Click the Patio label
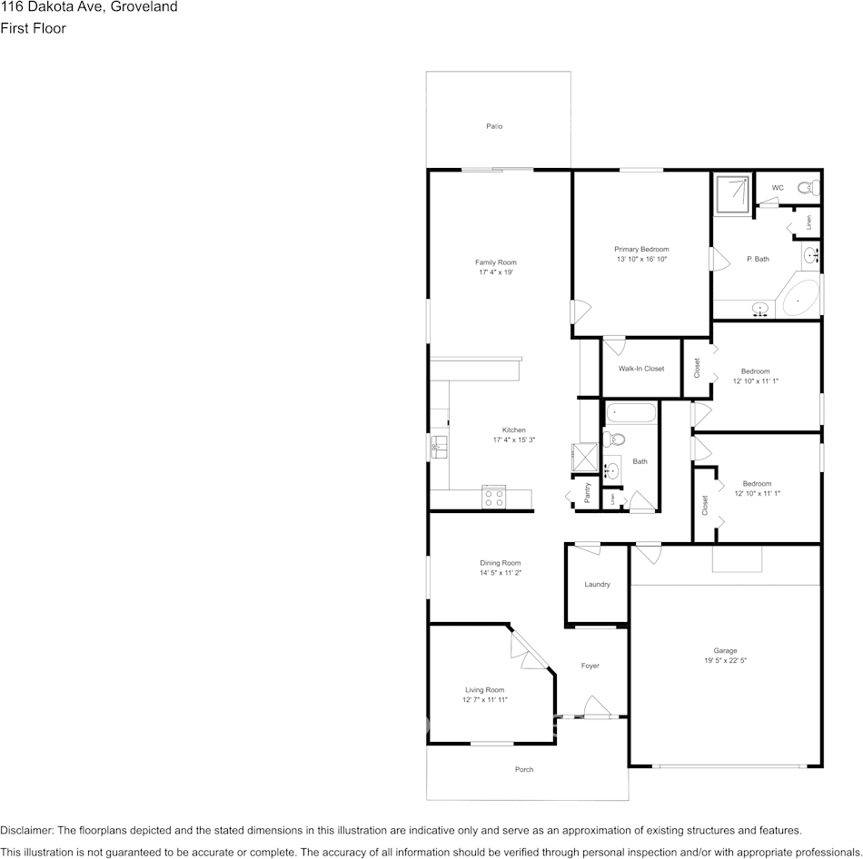pos(494,126)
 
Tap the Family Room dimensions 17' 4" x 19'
pos(496,272)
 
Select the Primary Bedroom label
pos(641,249)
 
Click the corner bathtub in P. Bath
pos(800,297)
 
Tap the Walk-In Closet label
pos(641,369)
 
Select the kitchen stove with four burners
pos(494,496)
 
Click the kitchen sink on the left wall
pos(439,446)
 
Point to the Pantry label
pos(588,493)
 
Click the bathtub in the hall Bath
pos(630,413)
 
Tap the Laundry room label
pos(597,584)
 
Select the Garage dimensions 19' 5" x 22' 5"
pos(725,660)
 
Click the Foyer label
pos(590,666)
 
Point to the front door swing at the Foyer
pos(597,706)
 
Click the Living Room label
pos(483,689)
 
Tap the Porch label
pos(524,769)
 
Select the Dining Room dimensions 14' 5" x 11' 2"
pos(501,573)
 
